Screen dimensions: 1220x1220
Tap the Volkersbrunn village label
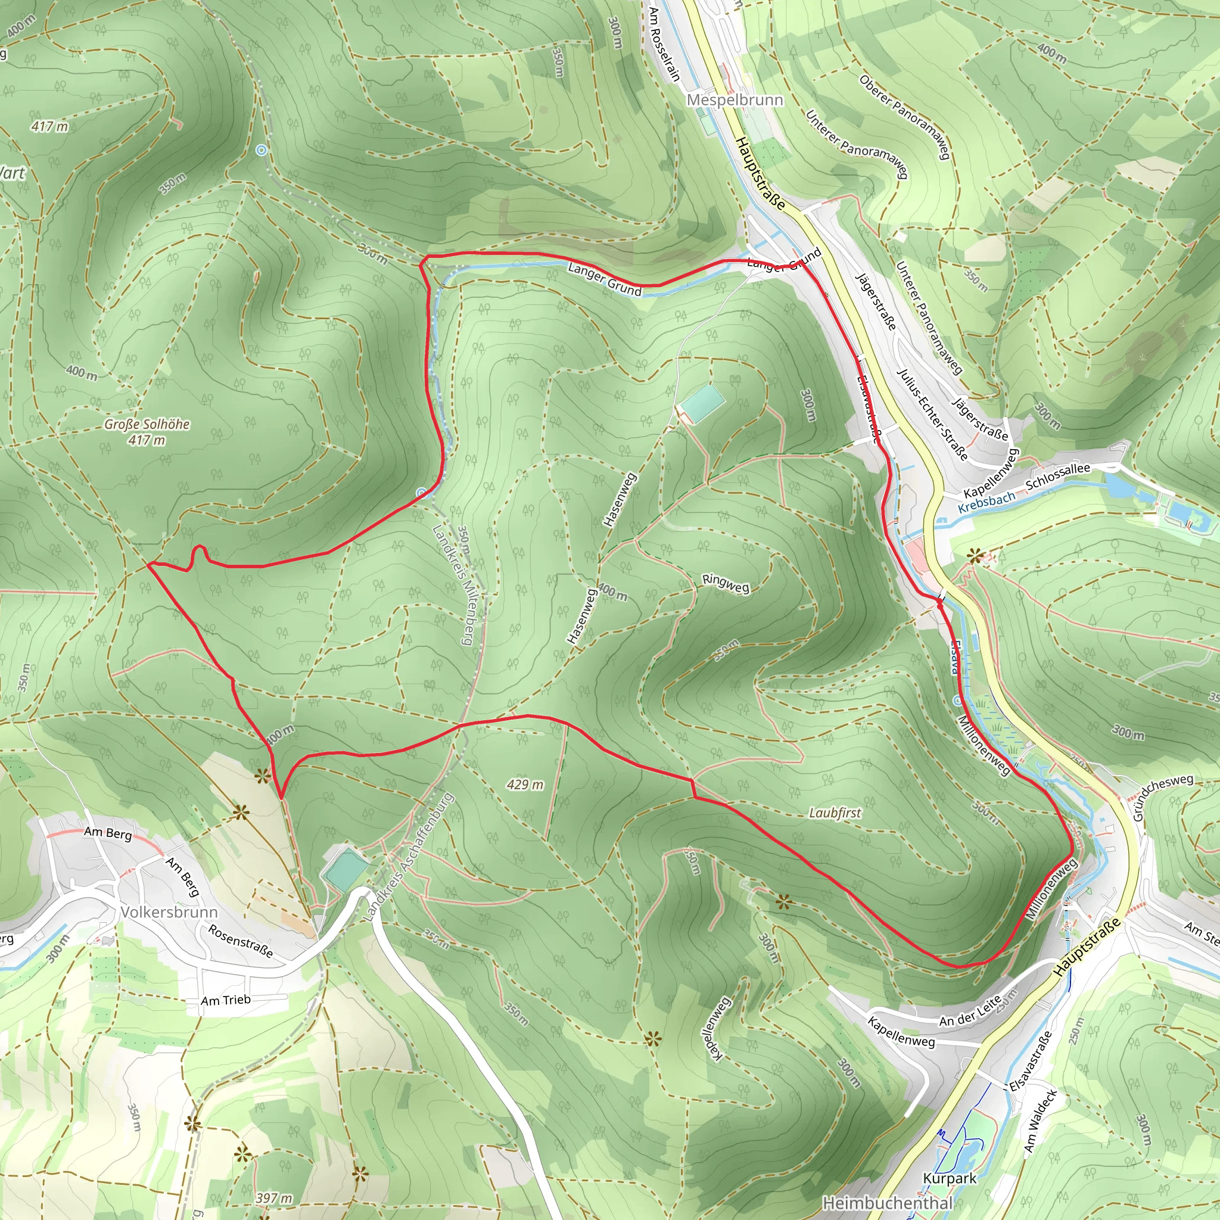point(169,913)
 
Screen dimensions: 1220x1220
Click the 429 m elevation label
point(525,785)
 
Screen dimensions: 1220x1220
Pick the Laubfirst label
point(835,813)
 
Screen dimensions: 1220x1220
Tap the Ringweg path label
point(726,584)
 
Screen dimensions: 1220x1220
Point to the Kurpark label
point(949,1178)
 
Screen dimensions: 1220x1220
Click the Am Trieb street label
point(225,1000)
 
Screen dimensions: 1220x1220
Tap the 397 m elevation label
point(274,1198)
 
